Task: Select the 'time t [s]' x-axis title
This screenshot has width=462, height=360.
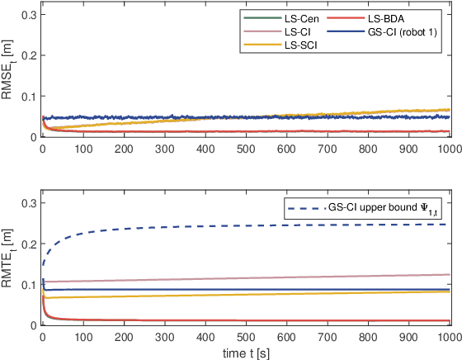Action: pos(244,353)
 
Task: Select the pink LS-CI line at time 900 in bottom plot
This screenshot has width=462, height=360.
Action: pos(408,276)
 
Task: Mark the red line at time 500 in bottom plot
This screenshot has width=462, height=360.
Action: pos(245,320)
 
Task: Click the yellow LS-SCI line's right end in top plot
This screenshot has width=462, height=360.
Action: pos(449,110)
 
